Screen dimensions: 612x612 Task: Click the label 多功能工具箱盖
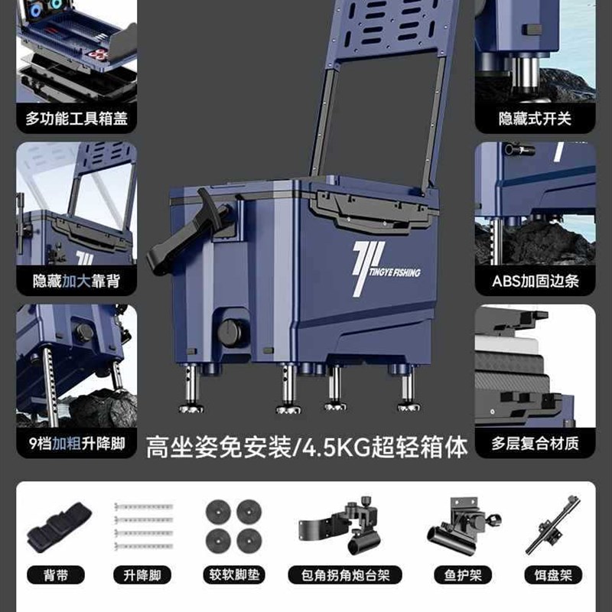tap(76, 119)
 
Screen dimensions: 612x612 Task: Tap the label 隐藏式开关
tap(535, 119)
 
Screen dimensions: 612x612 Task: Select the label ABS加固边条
tap(535, 281)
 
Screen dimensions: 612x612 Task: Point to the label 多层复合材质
tap(535, 442)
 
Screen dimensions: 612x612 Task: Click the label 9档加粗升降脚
tap(76, 442)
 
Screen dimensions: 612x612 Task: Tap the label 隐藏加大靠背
tap(76, 281)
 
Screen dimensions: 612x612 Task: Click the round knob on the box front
tap(229, 332)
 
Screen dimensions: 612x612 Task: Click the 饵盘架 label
tap(552, 575)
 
